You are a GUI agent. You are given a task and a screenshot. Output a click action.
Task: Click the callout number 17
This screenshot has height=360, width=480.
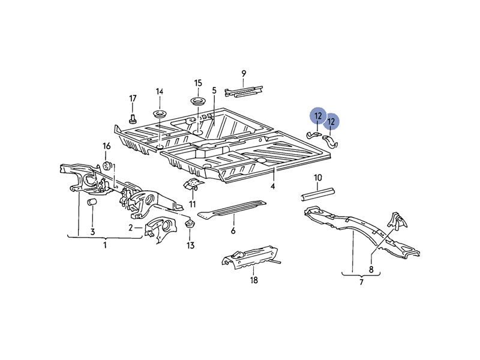click(x=133, y=98)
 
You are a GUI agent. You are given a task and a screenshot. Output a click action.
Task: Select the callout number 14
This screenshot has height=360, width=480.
click(x=160, y=91)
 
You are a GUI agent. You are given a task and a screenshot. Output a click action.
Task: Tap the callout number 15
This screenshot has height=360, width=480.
click(x=198, y=83)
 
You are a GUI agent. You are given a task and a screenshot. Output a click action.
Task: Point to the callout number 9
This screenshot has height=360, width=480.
click(x=244, y=74)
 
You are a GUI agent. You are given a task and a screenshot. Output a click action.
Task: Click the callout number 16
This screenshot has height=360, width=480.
click(x=106, y=146)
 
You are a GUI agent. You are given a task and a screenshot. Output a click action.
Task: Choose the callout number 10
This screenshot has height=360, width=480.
click(x=318, y=178)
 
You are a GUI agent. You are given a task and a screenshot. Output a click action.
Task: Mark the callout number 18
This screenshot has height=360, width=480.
click(x=254, y=280)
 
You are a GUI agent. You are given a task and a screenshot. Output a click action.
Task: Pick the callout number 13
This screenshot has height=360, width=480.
click(x=190, y=245)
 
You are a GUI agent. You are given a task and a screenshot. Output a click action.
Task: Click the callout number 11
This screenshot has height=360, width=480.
click(x=193, y=205)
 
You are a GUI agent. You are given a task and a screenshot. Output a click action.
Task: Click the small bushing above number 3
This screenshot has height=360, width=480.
click(x=93, y=203)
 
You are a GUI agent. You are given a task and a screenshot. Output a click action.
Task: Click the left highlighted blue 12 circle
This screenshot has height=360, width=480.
click(x=318, y=116)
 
